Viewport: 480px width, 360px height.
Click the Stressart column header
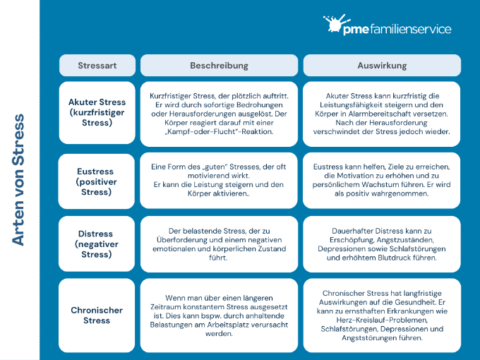[97, 65]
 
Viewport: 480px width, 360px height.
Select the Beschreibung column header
[219, 65]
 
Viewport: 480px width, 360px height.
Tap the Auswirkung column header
[382, 65]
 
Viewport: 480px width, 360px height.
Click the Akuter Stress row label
[97, 112]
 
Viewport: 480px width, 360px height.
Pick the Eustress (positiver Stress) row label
[97, 181]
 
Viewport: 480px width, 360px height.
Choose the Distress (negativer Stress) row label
[97, 244]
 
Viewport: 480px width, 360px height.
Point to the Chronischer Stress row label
[97, 316]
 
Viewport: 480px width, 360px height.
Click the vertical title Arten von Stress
[18, 180]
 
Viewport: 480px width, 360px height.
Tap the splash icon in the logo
[336, 23]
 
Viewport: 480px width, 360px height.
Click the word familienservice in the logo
[411, 29]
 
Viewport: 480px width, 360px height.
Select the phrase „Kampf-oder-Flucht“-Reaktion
[219, 131]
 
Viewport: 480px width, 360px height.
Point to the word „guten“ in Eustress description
[215, 167]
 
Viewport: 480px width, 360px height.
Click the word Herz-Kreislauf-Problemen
[382, 320]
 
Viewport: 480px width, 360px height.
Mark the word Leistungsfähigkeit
[349, 105]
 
